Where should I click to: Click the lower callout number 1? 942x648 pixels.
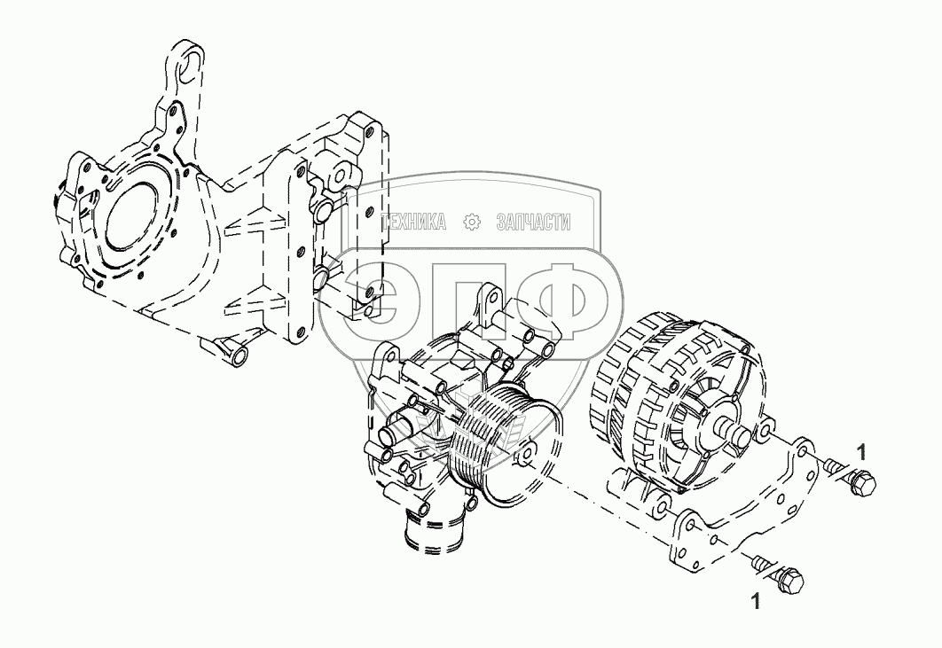tap(755, 602)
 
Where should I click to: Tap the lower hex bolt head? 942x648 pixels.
tap(789, 582)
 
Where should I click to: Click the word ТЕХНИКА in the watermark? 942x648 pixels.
tap(413, 223)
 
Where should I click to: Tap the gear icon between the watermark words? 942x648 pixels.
tap(472, 223)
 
